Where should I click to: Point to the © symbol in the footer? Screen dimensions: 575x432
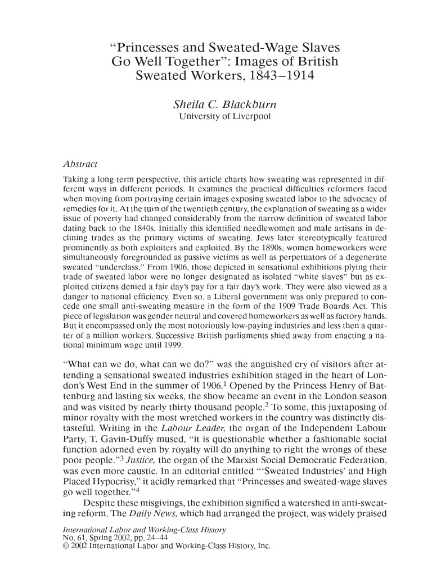(65, 545)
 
